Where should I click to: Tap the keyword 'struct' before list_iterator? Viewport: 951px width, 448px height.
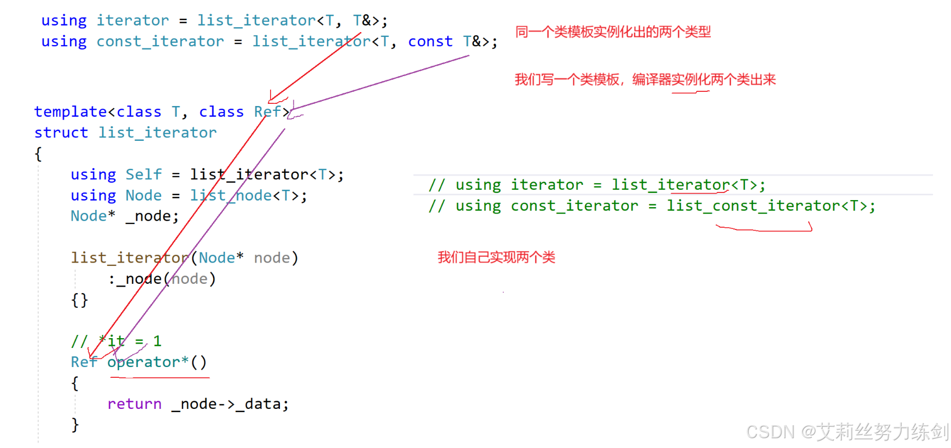coord(61,133)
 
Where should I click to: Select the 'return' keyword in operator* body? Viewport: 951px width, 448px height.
coord(134,404)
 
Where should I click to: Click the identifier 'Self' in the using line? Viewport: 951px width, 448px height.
coord(143,175)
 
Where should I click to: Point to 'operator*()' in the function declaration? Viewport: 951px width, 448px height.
coord(157,362)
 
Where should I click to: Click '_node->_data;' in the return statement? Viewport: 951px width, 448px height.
coord(230,404)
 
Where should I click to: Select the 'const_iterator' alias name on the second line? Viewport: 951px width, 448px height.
coord(160,41)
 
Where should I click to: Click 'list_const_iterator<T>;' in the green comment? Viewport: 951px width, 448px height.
coord(771,206)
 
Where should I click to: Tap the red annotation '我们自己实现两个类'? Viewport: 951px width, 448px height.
coord(496,257)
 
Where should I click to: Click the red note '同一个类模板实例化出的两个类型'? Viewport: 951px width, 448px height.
coord(612,32)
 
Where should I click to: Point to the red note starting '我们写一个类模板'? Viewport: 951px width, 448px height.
coord(645,80)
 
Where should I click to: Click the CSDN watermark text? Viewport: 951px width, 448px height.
coord(847,432)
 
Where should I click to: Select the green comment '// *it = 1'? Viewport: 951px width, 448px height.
coord(116,341)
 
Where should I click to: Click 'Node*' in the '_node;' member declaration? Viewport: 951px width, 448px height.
coord(92,216)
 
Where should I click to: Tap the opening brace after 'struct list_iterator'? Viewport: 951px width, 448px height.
coord(38,154)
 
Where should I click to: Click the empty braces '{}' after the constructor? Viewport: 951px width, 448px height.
coord(79,300)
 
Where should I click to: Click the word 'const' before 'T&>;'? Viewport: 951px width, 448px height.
coord(430,41)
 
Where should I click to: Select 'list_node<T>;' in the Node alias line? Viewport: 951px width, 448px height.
coord(248,196)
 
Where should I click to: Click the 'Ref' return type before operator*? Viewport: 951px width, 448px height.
coord(84,362)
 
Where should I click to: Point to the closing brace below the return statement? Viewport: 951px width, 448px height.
coord(75,425)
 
